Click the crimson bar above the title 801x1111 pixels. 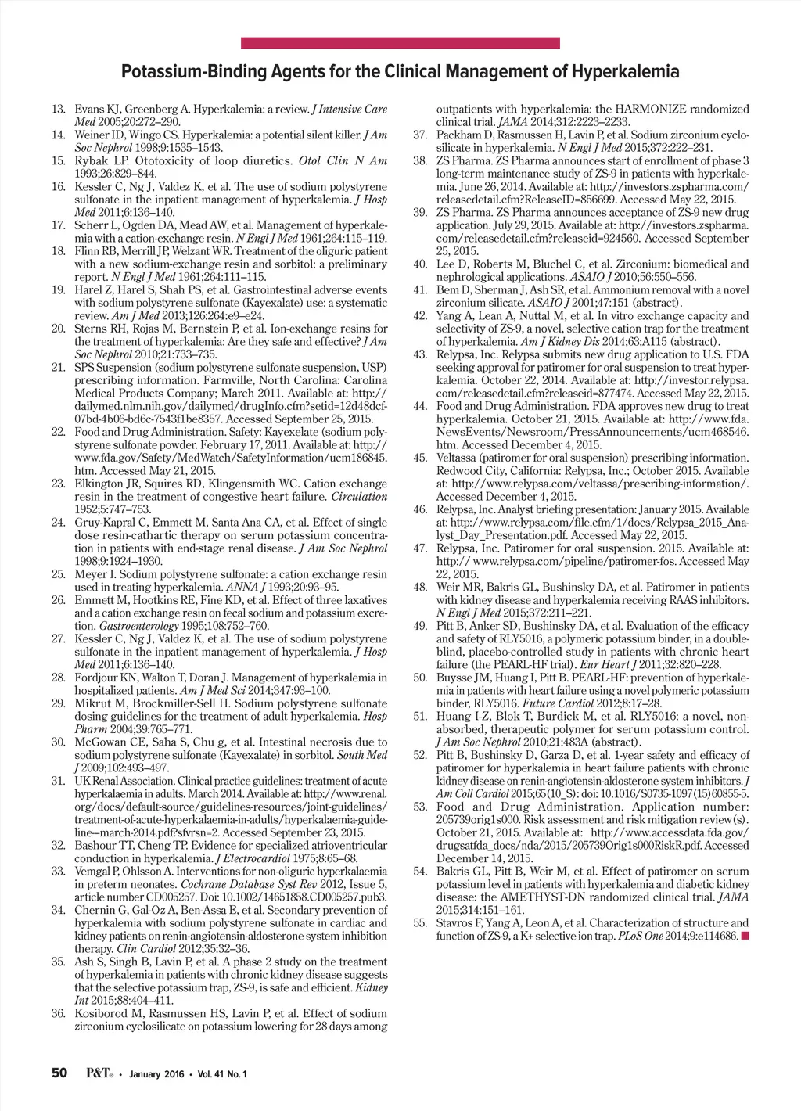pyautogui.click(x=400, y=43)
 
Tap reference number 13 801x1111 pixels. pyautogui.click(x=58, y=110)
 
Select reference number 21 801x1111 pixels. pyautogui.click(x=58, y=368)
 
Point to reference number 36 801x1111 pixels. pyautogui.click(x=58, y=1014)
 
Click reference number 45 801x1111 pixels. pyautogui.click(x=420, y=458)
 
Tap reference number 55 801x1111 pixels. pyautogui.click(x=420, y=923)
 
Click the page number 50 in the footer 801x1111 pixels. pyautogui.click(x=59, y=1073)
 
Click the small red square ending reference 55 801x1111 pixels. pyautogui.click(x=745, y=936)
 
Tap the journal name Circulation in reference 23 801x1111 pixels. pyautogui.click(x=359, y=497)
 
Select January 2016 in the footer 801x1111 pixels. pyautogui.click(x=157, y=1074)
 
